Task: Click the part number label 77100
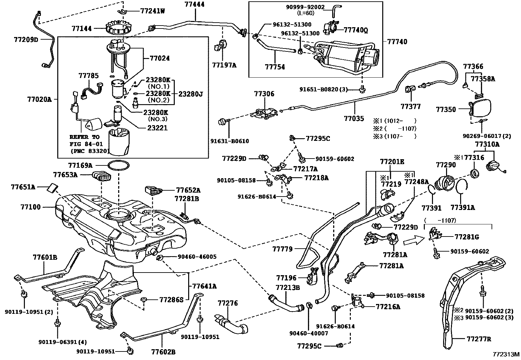click(x=30, y=207)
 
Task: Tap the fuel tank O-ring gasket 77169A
click(x=118, y=165)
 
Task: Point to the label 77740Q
click(x=356, y=30)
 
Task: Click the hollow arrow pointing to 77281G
click(x=414, y=240)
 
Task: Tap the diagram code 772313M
click(x=506, y=354)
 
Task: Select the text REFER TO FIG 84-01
click(x=86, y=141)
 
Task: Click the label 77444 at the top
click(x=194, y=4)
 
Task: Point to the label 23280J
click(x=191, y=94)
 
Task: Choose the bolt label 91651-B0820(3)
click(x=324, y=89)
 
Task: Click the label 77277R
click(x=479, y=339)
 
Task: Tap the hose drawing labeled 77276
click(x=231, y=323)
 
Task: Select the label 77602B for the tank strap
click(x=163, y=352)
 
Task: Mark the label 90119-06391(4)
click(x=63, y=342)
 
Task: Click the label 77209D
click(x=26, y=40)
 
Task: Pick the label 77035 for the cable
click(x=354, y=119)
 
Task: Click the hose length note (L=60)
click(x=305, y=13)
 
